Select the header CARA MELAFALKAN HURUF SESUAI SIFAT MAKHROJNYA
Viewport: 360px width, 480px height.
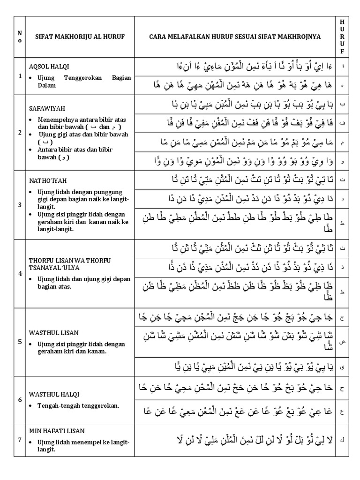click(234, 37)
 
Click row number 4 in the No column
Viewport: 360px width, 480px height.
click(20, 273)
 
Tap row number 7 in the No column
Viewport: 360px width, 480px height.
click(20, 440)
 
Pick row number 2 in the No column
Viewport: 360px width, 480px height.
click(20, 132)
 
